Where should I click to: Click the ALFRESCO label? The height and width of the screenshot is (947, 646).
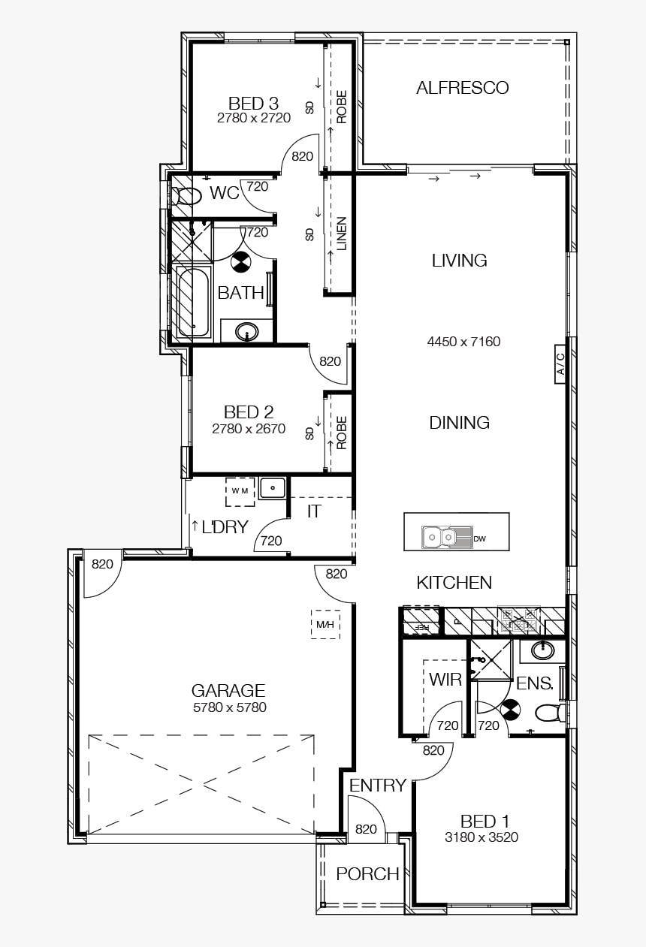(x=462, y=88)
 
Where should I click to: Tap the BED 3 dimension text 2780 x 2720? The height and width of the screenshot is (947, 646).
(x=253, y=118)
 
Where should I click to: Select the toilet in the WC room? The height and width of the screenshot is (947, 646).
(x=186, y=197)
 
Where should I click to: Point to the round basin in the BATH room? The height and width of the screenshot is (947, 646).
(x=246, y=330)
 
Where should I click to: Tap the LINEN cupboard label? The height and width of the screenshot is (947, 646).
(x=341, y=234)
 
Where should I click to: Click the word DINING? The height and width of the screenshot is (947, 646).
(x=459, y=423)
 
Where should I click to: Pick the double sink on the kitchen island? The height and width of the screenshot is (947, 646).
(x=440, y=537)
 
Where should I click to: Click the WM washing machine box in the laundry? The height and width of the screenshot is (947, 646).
(x=240, y=490)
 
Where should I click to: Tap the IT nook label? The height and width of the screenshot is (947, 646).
(x=314, y=511)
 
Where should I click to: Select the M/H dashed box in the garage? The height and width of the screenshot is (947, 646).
(x=325, y=624)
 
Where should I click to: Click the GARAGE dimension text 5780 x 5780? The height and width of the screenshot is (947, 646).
(x=229, y=707)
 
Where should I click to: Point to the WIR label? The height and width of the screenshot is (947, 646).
(x=445, y=680)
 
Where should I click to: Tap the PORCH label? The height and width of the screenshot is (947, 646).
(x=367, y=874)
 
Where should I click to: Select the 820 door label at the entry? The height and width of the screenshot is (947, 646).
(x=366, y=829)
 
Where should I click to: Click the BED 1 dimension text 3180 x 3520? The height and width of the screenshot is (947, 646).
(x=481, y=837)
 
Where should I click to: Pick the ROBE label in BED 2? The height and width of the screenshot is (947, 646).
(x=341, y=433)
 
